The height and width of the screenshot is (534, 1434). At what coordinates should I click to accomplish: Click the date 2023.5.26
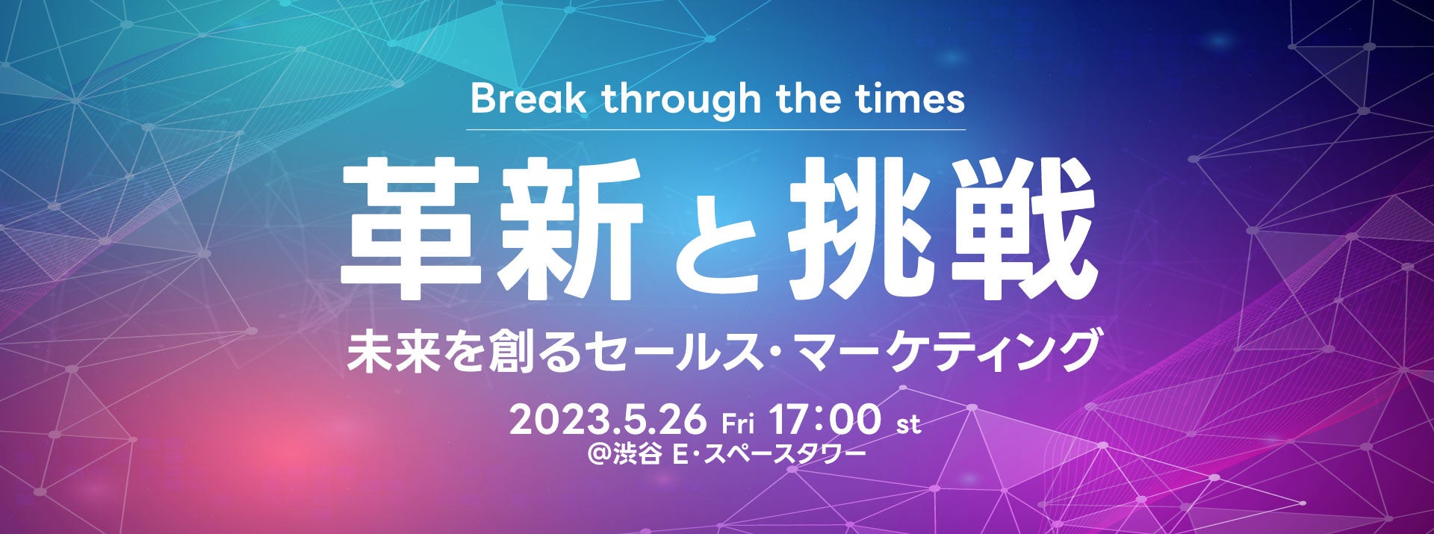click(607, 420)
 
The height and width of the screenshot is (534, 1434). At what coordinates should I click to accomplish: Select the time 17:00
click(828, 420)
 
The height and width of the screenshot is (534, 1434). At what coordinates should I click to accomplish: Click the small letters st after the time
click(908, 426)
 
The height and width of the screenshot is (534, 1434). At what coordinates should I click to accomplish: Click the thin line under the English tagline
click(716, 130)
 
